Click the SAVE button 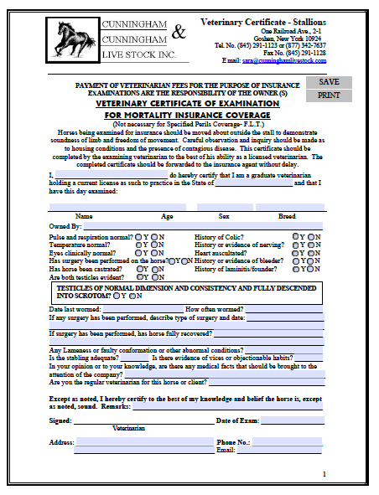pos(329,82)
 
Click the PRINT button pos(329,95)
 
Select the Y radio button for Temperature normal pos(139,245)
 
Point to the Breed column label pos(286,216)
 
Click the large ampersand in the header pos(179,33)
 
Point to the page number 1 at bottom pos(324,474)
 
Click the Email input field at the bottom pos(286,450)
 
